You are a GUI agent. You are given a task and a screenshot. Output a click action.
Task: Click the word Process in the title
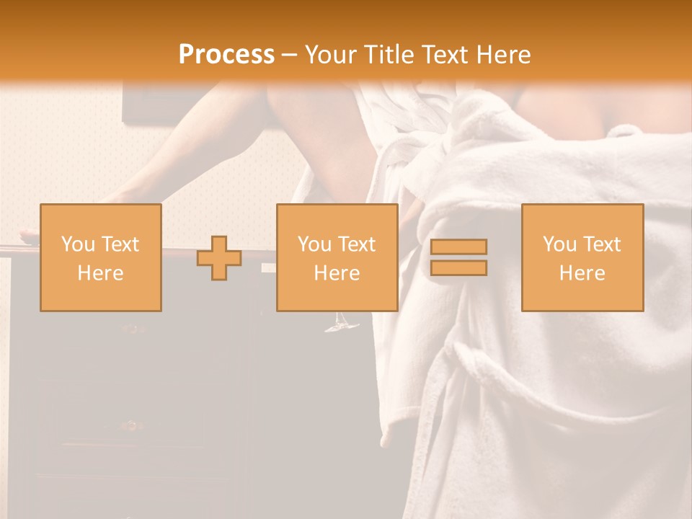[x=226, y=55]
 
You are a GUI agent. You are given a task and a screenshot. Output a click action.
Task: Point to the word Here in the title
[x=501, y=55]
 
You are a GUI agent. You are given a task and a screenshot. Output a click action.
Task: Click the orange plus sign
[x=219, y=258]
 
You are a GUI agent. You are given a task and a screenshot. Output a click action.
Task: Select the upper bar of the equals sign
[x=458, y=247]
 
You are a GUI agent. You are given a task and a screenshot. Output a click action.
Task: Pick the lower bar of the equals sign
[x=458, y=267]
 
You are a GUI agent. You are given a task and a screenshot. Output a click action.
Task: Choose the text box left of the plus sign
[x=100, y=257]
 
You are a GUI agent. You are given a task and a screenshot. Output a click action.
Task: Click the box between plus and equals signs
[x=337, y=257]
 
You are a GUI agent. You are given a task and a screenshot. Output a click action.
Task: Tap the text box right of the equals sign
[x=582, y=257]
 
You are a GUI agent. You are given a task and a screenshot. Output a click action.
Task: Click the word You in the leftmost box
[x=78, y=244]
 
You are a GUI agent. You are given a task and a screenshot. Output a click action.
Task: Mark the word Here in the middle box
[x=337, y=273]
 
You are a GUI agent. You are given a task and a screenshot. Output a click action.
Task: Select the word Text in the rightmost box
[x=602, y=244]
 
